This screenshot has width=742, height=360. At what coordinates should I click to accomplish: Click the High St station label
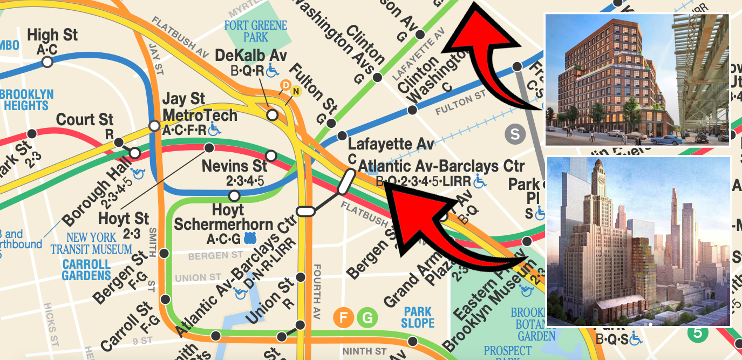[52, 36]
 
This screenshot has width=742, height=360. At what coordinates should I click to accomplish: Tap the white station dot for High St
[47, 63]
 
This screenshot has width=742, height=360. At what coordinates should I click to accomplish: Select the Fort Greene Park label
[256, 31]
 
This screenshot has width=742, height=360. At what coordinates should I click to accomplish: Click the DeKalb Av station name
[251, 56]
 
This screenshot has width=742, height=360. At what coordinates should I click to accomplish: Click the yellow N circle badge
[295, 91]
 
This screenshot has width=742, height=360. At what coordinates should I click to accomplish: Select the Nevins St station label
[234, 166]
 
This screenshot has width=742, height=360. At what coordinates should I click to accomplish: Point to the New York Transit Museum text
[91, 243]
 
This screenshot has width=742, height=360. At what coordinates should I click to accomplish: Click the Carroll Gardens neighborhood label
[86, 270]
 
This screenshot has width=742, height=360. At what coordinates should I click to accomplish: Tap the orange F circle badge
[343, 317]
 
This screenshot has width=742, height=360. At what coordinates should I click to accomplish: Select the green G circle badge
[366, 317]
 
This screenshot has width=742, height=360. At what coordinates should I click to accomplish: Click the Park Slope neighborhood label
[418, 317]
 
